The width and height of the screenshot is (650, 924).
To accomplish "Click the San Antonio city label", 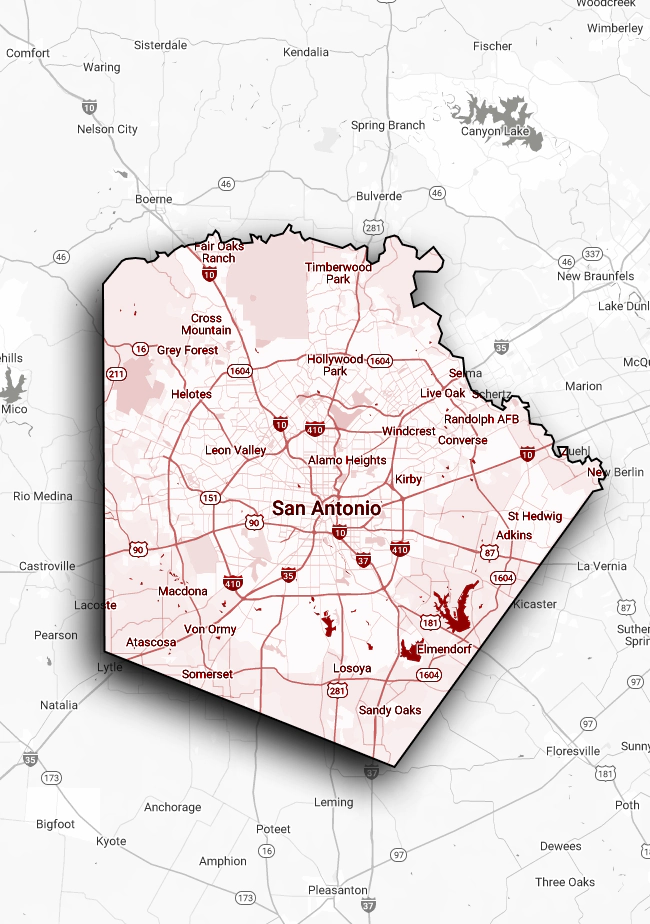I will point(326,508).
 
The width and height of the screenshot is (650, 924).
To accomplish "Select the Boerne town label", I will point(154,199).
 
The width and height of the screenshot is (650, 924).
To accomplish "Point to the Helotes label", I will point(191,394).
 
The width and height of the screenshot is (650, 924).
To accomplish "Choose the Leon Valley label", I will point(235,450).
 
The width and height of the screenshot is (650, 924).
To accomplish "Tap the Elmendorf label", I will point(444,649).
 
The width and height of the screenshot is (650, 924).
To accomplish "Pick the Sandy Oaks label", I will point(390,710).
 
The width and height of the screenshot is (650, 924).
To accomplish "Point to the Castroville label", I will point(47,566).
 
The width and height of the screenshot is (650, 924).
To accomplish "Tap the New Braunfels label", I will point(595,276).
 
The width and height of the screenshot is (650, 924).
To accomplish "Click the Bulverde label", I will point(379,197).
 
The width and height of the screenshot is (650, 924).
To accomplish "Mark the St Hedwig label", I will point(535,516).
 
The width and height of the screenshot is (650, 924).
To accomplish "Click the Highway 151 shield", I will point(210,498).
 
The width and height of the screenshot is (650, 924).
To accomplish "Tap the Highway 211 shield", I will point(116,374).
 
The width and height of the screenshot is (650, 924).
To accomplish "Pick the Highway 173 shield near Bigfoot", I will point(52,777).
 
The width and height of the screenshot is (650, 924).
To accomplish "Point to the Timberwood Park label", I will point(338,273).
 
